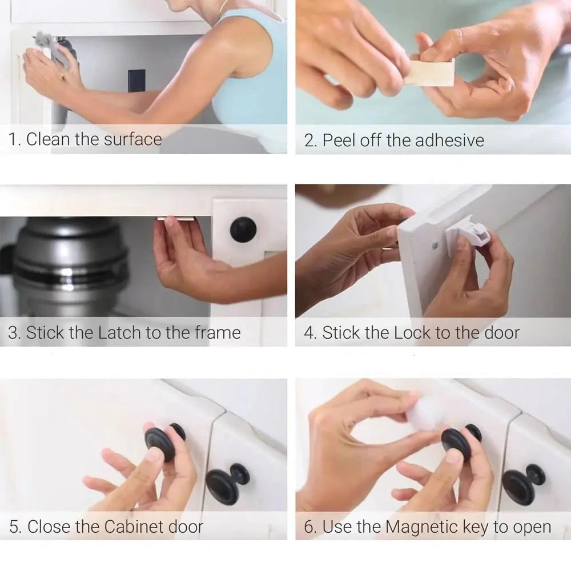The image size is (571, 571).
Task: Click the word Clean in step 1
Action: point(49,139)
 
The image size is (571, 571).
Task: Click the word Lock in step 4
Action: point(413,332)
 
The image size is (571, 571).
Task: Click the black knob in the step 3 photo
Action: point(243,230)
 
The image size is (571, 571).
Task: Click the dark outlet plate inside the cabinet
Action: point(136,81)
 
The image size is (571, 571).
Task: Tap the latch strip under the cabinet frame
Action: point(176,219)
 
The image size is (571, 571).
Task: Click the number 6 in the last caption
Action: point(309,527)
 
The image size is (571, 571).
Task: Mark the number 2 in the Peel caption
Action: point(309,140)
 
